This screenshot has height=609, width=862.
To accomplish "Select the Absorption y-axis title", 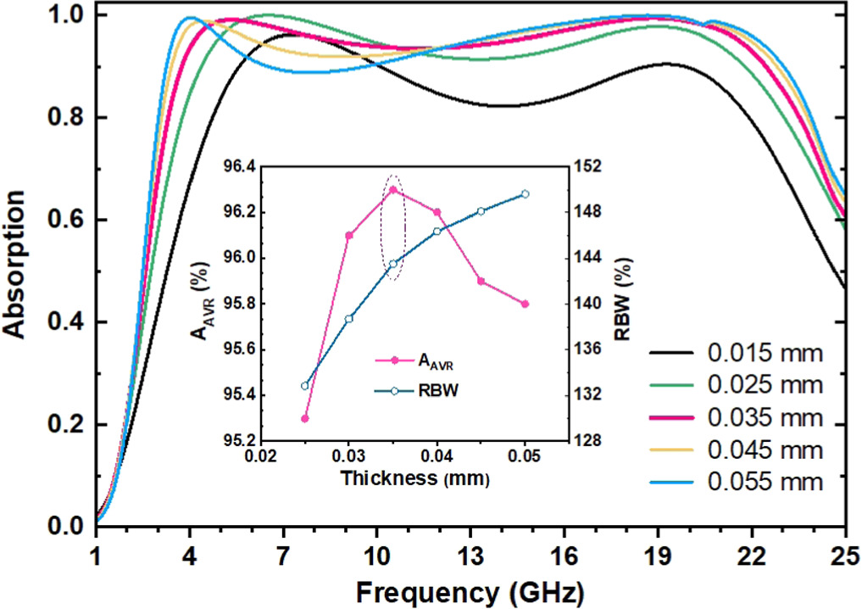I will click(20, 269).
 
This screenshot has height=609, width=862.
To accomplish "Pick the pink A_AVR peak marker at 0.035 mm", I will click(393, 189).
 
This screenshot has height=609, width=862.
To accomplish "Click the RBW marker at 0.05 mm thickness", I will click(526, 193).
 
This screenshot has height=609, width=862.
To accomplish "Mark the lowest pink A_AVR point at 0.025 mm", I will click(305, 418).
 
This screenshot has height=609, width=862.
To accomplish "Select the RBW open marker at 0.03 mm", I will click(348, 318).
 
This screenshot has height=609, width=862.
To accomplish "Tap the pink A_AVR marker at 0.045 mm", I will click(481, 281).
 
